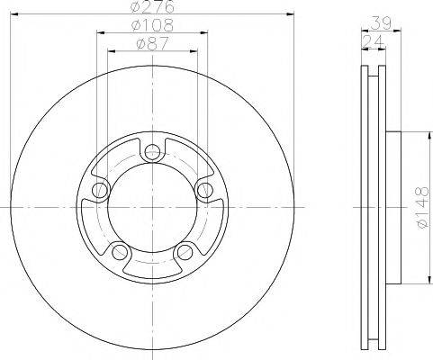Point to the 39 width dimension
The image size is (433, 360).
tap(381, 24)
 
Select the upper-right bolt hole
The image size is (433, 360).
tap(203, 189)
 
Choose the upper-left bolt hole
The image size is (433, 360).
tap(102, 189)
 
